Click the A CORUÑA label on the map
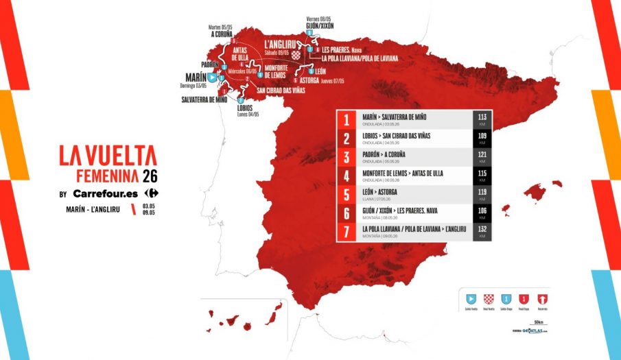point(222,34)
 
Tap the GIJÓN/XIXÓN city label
point(320,25)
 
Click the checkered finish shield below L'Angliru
point(296,55)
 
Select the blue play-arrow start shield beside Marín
point(213,78)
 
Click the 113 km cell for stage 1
point(482,119)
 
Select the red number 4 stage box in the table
point(347,176)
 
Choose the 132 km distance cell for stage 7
point(482,230)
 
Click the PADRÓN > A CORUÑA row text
point(392,155)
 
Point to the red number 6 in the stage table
point(347,213)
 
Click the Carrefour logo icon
point(150,193)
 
